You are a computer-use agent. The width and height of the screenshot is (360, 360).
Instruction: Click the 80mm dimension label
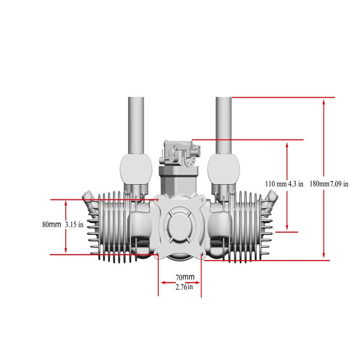pyautogui.click(x=51, y=225)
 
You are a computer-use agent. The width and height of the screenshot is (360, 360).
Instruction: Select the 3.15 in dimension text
pyautogui.click(x=74, y=225)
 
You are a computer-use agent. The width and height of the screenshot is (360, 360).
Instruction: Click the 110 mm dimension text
pyautogui.click(x=276, y=184)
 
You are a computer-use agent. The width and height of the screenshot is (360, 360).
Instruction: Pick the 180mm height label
pyautogui.click(x=320, y=184)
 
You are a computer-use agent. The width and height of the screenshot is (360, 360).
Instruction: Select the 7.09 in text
pyautogui.click(x=340, y=184)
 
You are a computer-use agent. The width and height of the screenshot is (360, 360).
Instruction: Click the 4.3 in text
pyautogui.click(x=296, y=184)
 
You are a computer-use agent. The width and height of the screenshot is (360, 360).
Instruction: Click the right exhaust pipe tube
pyautogui.click(x=224, y=124)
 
